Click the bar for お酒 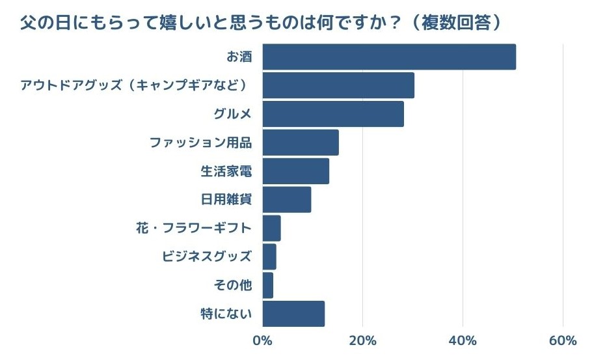point(388,57)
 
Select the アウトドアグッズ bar point(338,85)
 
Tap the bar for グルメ point(332,114)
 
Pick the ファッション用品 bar point(300,143)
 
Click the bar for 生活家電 point(295,171)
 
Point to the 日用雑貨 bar point(286,200)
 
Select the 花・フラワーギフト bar point(271,228)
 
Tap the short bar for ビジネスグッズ point(269,256)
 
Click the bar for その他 point(267,285)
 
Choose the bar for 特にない point(293,314)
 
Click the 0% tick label point(262,341)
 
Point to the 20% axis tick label point(362,341)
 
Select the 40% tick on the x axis point(463,341)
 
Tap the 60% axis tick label point(563,341)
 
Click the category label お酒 point(239,57)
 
